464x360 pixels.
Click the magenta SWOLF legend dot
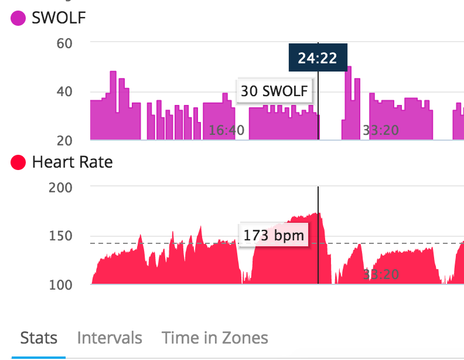tap(18, 18)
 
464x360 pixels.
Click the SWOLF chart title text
tap(59, 18)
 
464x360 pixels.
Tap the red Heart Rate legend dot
tap(18, 162)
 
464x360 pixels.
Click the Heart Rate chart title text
tap(72, 162)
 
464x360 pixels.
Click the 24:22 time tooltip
tap(318, 58)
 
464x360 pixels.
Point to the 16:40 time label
tap(226, 130)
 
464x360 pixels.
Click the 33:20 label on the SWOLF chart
tap(381, 130)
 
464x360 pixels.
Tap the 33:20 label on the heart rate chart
tap(381, 274)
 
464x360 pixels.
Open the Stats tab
tap(39, 338)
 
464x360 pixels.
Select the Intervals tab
tap(110, 338)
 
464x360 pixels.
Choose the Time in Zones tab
tap(215, 338)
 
